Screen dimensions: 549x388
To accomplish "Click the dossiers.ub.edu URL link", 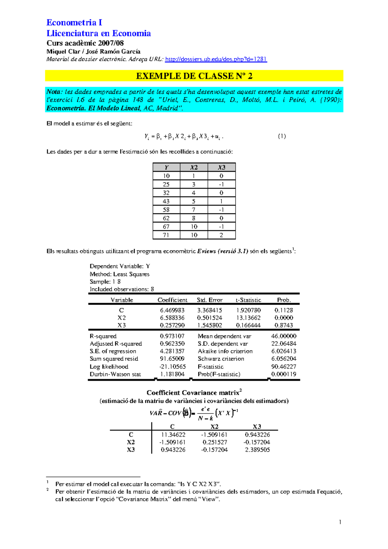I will pos(216,59).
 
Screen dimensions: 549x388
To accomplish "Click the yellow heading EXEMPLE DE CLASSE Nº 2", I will pos(194,76).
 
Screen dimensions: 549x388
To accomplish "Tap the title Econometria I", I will pos(74,23).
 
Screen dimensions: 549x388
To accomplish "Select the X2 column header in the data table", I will pos(194,167).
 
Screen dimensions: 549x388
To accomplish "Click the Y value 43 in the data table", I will pos(166,201).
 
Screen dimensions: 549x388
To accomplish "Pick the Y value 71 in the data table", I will pos(166,235).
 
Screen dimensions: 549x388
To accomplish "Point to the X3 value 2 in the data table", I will pos(221,235).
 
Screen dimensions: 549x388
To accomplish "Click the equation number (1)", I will pos(282,136).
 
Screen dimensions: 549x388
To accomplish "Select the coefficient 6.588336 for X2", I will pos(172,318).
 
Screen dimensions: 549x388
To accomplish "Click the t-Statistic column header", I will pos(248,300).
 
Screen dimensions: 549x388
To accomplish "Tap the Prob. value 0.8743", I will pos(284,325).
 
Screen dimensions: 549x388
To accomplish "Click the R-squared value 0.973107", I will pos(172,336).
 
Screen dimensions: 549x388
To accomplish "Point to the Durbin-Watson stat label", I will pos(115,374).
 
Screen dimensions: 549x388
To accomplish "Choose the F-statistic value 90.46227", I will pos(284,367).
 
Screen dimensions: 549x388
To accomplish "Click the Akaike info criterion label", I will pos(225,351).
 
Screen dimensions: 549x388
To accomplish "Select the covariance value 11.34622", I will pos(173,435).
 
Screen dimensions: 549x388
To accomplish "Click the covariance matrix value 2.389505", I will pos(257,450).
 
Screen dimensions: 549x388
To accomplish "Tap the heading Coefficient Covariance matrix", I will pos(193,393).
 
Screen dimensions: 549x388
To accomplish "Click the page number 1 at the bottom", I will pos(340,522).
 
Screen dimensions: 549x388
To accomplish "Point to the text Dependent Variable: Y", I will pos(120,266).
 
